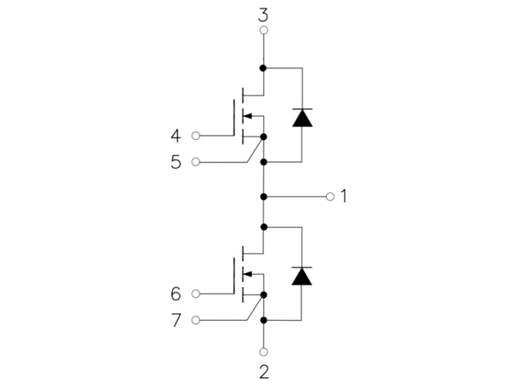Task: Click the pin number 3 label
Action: coord(263,15)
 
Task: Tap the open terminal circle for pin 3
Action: coord(264,31)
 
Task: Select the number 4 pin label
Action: coord(175,136)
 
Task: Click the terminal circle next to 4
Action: coord(196,136)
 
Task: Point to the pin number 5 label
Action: coord(176,162)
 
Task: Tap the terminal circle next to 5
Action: coord(196,161)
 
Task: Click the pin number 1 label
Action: coord(343,196)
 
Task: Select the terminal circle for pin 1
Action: coord(330,196)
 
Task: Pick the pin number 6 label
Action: coord(175,294)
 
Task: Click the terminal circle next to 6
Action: coord(196,294)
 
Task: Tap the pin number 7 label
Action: coord(176,320)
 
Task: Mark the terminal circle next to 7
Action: coord(196,320)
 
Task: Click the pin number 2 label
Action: coord(264,372)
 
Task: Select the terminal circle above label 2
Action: coord(264,352)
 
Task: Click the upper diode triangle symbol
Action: coord(302,118)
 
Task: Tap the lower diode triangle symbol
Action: coord(301,276)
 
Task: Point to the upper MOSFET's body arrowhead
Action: coord(248,115)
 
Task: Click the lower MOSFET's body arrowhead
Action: coord(248,274)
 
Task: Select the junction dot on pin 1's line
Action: coord(264,196)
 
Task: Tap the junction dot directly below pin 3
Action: coord(263,68)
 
